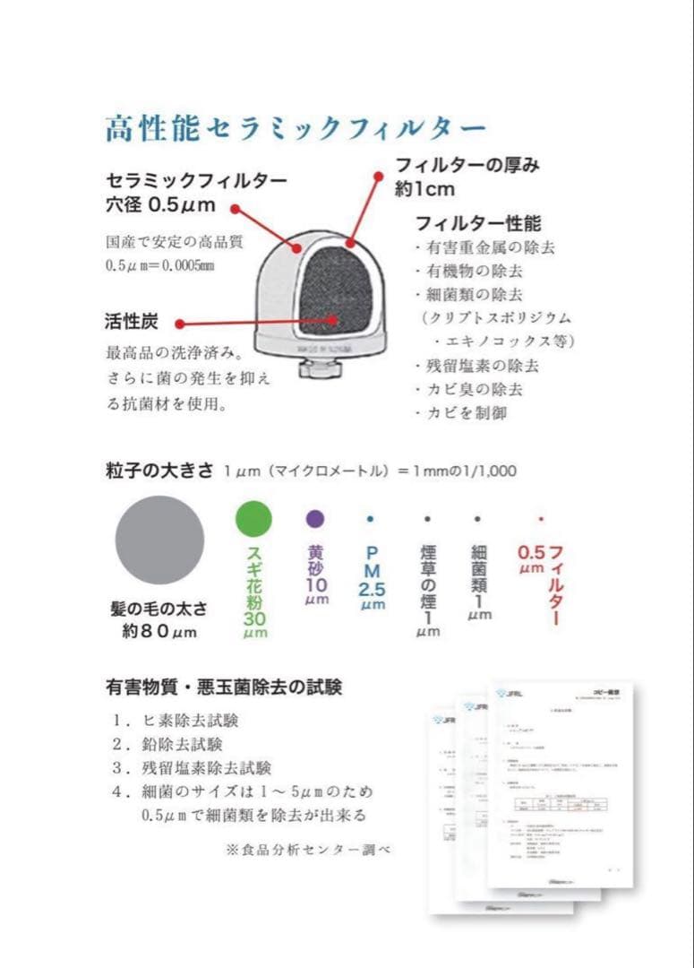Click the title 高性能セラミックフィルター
[296, 129]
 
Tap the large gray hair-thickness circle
[159, 540]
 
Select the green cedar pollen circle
[253, 519]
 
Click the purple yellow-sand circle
[314, 519]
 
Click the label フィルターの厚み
[467, 166]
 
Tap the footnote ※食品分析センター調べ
[309, 849]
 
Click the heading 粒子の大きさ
[160, 471]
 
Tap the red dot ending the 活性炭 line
[179, 324]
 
